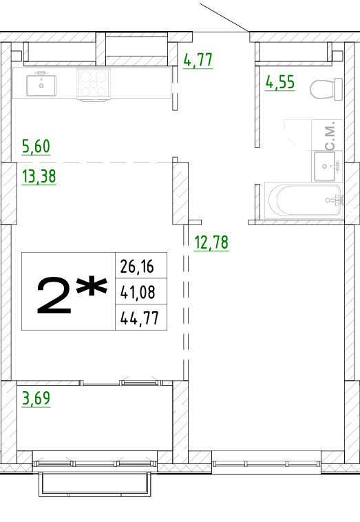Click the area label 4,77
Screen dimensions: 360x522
click(x=198, y=60)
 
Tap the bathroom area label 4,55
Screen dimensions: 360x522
click(x=280, y=82)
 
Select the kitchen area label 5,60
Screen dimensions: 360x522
click(x=36, y=146)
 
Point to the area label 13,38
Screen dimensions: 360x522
click(x=39, y=176)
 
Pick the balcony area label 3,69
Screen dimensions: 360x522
click(x=36, y=398)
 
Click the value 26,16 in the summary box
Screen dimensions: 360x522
click(x=137, y=267)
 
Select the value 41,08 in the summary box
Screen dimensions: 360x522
click(x=138, y=292)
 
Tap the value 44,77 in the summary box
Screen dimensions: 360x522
click(x=140, y=318)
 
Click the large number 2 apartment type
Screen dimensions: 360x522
click(x=54, y=296)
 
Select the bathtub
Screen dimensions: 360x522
click(x=304, y=200)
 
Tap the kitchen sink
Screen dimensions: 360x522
click(x=41, y=85)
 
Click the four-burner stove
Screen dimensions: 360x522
click(x=94, y=84)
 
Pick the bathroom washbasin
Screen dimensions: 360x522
click(x=325, y=166)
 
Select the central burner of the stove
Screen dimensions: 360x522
click(x=94, y=84)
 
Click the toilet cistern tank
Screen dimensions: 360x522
click(x=339, y=89)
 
